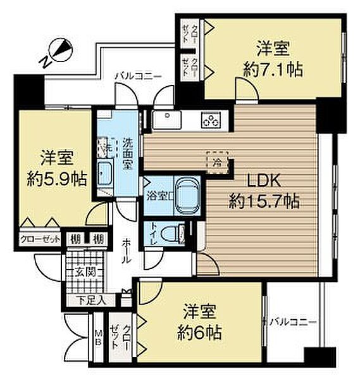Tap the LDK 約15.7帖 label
point(264,192)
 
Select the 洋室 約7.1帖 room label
point(274,58)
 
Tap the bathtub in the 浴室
point(186,194)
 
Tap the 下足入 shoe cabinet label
point(89,300)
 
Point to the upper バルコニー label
point(138,76)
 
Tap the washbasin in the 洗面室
point(105,172)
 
